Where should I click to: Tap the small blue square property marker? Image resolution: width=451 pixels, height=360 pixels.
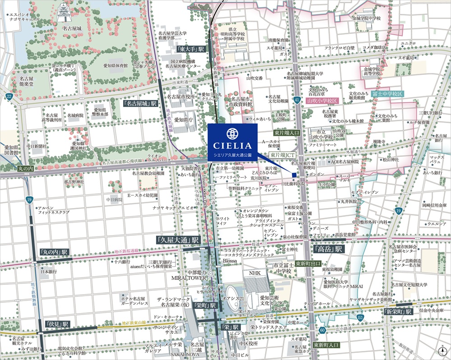[294, 175]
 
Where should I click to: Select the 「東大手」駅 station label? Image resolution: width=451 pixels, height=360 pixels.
[191, 49]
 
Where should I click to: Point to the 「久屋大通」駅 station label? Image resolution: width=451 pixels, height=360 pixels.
[179, 240]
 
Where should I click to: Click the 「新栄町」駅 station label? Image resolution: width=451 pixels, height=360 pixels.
[399, 312]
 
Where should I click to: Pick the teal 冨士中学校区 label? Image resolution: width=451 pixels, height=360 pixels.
[388, 94]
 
